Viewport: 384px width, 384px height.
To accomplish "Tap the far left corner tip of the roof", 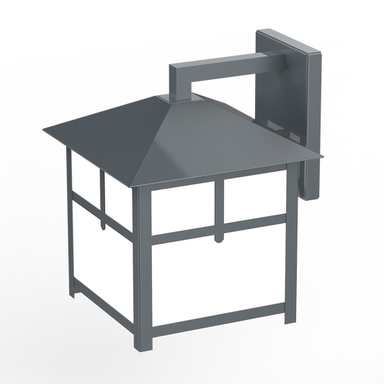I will click(45, 132).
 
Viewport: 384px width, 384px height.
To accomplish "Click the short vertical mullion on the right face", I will click(218, 209).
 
